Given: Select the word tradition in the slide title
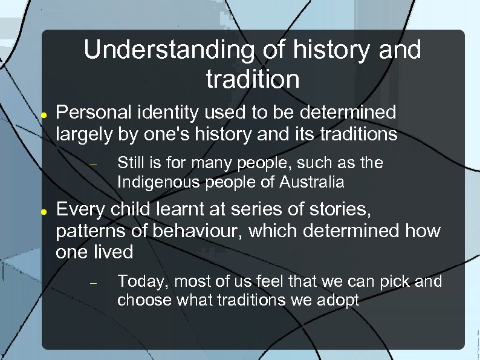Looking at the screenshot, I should pos(252,79).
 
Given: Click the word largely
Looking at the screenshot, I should pos(83,134).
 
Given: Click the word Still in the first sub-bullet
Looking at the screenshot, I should pos(130,163).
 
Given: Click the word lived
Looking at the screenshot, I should pos(113,251).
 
